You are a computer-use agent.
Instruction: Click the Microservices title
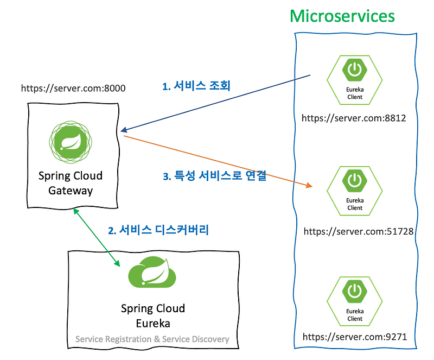click(342, 15)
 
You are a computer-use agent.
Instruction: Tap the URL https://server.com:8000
click(73, 87)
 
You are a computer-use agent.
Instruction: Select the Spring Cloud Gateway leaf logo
click(71, 142)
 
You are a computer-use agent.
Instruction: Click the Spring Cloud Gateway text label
click(71, 184)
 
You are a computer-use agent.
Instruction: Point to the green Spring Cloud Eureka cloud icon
click(152, 272)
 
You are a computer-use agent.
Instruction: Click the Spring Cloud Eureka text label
click(152, 316)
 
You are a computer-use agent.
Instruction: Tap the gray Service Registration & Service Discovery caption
click(152, 339)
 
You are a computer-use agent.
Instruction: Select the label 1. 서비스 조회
click(196, 86)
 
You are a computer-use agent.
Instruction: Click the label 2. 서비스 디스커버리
click(158, 230)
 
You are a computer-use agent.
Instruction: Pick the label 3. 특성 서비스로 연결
click(215, 176)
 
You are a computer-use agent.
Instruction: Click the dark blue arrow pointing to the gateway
click(217, 103)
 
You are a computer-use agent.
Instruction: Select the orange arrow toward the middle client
click(217, 161)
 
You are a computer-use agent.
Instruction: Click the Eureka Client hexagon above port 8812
click(355, 81)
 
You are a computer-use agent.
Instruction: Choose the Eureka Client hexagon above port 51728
click(355, 192)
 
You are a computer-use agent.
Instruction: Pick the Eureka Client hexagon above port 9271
click(355, 302)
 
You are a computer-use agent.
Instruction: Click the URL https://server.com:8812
click(354, 117)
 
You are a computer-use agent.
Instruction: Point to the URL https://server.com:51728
click(358, 231)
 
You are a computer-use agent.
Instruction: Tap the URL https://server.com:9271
click(355, 337)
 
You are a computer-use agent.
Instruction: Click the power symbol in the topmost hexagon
click(355, 70)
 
